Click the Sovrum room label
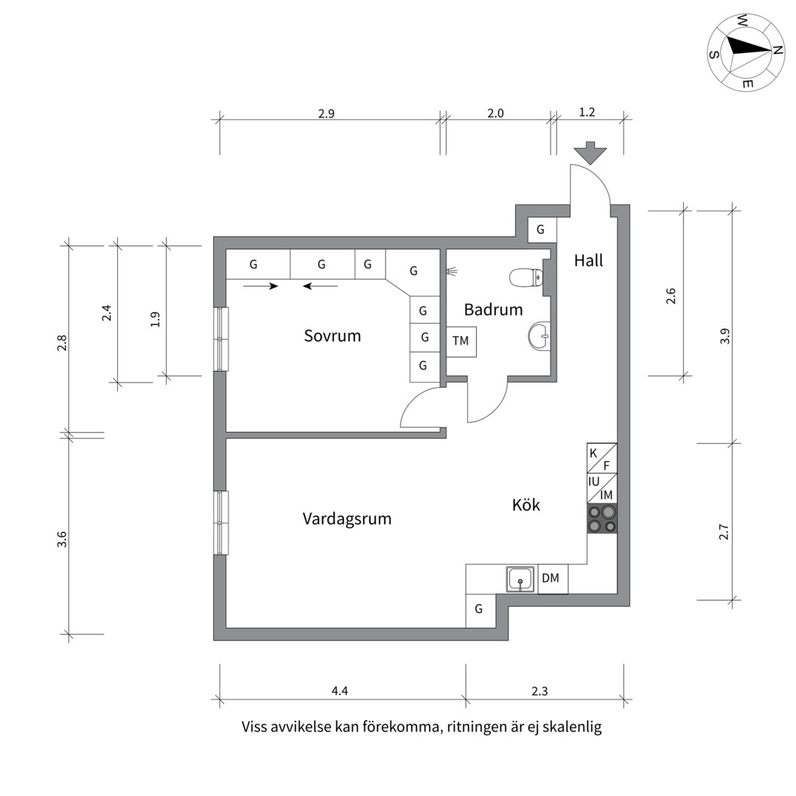tap(332, 336)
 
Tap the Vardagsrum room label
tap(346, 519)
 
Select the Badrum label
tap(493, 310)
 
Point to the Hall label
tap(588, 260)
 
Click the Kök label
tap(526, 505)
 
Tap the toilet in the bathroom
tap(526, 278)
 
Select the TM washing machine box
tap(461, 341)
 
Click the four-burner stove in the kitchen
tap(601, 519)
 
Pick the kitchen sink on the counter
tap(520, 579)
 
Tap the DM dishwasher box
tap(551, 579)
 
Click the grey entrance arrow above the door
tap(590, 153)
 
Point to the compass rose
tap(745, 51)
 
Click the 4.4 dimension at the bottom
tap(339, 691)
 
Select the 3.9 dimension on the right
tap(725, 336)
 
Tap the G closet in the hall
tap(541, 230)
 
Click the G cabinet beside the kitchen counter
tap(479, 610)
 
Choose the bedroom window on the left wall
tap(221, 338)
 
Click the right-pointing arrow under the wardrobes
tap(261, 286)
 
